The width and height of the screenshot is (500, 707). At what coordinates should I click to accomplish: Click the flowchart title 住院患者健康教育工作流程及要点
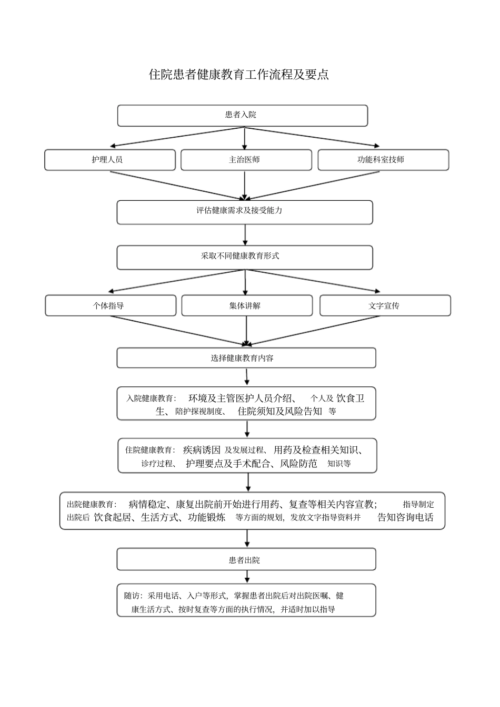click(x=239, y=75)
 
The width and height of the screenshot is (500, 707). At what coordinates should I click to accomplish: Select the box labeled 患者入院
click(x=242, y=115)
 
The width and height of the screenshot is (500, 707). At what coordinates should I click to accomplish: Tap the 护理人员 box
click(x=109, y=160)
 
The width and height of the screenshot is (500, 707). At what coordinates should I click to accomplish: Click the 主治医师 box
click(x=245, y=160)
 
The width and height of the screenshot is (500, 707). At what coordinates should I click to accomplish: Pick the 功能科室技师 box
click(x=383, y=160)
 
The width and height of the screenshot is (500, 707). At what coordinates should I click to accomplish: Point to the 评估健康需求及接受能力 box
click(x=244, y=211)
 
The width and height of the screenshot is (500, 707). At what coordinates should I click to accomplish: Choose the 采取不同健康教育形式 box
click(x=244, y=257)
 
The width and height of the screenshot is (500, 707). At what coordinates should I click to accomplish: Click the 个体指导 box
click(x=110, y=305)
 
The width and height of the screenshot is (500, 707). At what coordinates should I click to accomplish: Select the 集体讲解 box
click(x=246, y=305)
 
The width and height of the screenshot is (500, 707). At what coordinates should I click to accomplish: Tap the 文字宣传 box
click(x=385, y=305)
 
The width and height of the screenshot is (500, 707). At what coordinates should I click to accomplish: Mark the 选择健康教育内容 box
click(x=246, y=358)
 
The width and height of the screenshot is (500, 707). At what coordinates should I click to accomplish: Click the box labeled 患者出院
click(x=246, y=559)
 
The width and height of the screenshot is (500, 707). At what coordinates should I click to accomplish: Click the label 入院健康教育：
click(x=151, y=398)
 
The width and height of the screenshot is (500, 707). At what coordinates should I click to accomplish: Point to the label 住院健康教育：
click(x=150, y=450)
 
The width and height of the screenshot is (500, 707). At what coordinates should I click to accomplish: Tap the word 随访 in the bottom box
click(x=132, y=596)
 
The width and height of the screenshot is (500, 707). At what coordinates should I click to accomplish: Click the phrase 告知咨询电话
click(x=405, y=517)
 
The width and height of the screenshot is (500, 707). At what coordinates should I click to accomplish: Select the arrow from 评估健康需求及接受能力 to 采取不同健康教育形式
click(x=245, y=235)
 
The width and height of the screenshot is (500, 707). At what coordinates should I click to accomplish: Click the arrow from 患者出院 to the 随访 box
click(x=247, y=577)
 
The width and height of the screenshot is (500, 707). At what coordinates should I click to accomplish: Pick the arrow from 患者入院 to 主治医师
click(x=245, y=138)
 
